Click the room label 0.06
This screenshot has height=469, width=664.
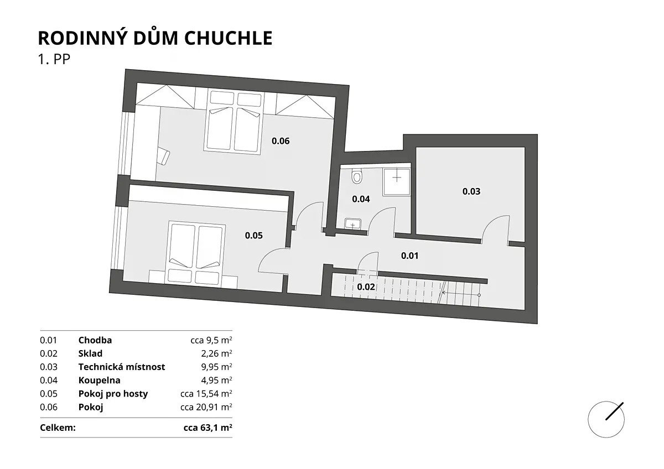point(281,140)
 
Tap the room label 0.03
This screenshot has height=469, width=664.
point(471,191)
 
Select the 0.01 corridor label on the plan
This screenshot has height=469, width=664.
point(409,256)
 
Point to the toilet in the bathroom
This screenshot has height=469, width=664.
point(356,176)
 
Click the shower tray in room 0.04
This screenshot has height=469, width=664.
point(397,182)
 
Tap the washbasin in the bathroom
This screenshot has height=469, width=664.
point(353,223)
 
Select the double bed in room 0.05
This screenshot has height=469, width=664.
point(195,254)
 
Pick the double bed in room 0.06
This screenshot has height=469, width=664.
point(234,122)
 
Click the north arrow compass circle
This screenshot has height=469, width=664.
point(606,420)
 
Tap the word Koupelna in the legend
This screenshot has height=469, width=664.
point(99,380)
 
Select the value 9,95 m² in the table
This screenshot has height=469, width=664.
point(216,367)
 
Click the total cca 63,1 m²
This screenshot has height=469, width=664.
point(208,428)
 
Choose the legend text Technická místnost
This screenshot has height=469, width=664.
point(122,367)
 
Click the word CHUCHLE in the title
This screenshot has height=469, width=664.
point(228,38)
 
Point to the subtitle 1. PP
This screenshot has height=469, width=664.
point(54,59)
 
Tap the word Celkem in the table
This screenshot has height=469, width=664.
point(58,428)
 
